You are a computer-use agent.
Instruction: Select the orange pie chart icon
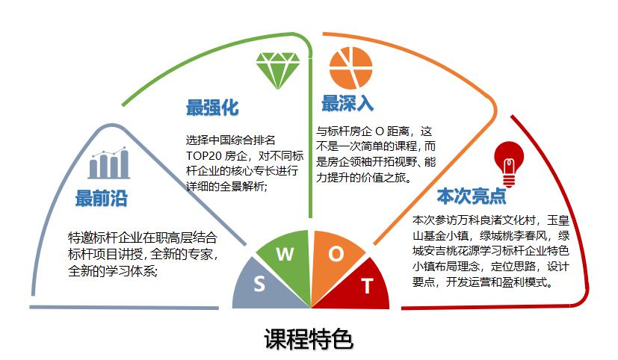pos(350,68)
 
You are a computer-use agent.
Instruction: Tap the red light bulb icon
pos(509,164)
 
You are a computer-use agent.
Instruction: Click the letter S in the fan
pos(259,284)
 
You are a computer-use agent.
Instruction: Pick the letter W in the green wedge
pos(285,255)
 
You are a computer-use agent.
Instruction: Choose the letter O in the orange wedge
pos(336,254)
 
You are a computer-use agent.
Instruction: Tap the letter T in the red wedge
pos(367,286)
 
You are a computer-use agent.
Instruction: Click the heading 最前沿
pos(102,198)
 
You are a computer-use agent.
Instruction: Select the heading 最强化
pos(212,107)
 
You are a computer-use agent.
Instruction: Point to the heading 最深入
pos(347,103)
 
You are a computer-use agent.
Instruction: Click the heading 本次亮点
pos(472,196)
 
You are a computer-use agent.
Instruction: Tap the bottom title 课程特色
pos(309,339)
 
